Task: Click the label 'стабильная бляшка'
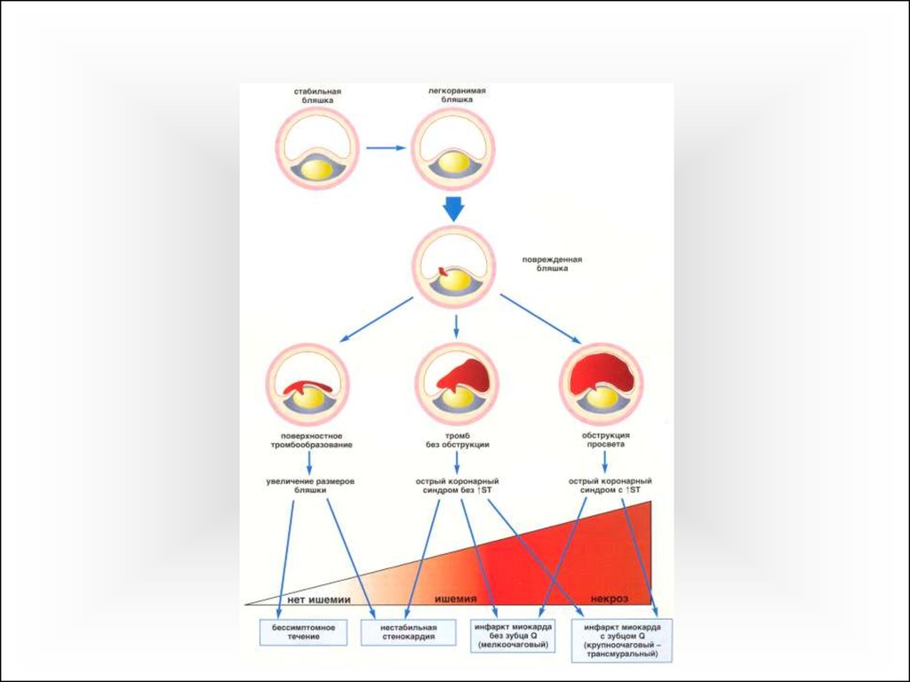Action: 317,96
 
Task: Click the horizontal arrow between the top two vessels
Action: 386,148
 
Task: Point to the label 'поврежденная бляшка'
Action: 552,264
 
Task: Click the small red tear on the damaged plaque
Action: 443,271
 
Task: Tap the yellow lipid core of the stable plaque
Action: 317,170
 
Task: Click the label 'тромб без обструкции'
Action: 457,440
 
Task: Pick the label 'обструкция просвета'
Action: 605,440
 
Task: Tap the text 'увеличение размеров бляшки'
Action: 310,486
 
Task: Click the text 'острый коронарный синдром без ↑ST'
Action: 457,486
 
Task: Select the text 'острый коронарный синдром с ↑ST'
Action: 610,486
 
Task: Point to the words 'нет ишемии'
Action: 319,599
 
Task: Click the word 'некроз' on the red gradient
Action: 610,599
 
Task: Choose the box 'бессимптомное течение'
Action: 303,632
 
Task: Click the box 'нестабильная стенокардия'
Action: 409,632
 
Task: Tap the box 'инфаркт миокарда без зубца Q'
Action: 513,636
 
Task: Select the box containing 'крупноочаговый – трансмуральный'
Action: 621,640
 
